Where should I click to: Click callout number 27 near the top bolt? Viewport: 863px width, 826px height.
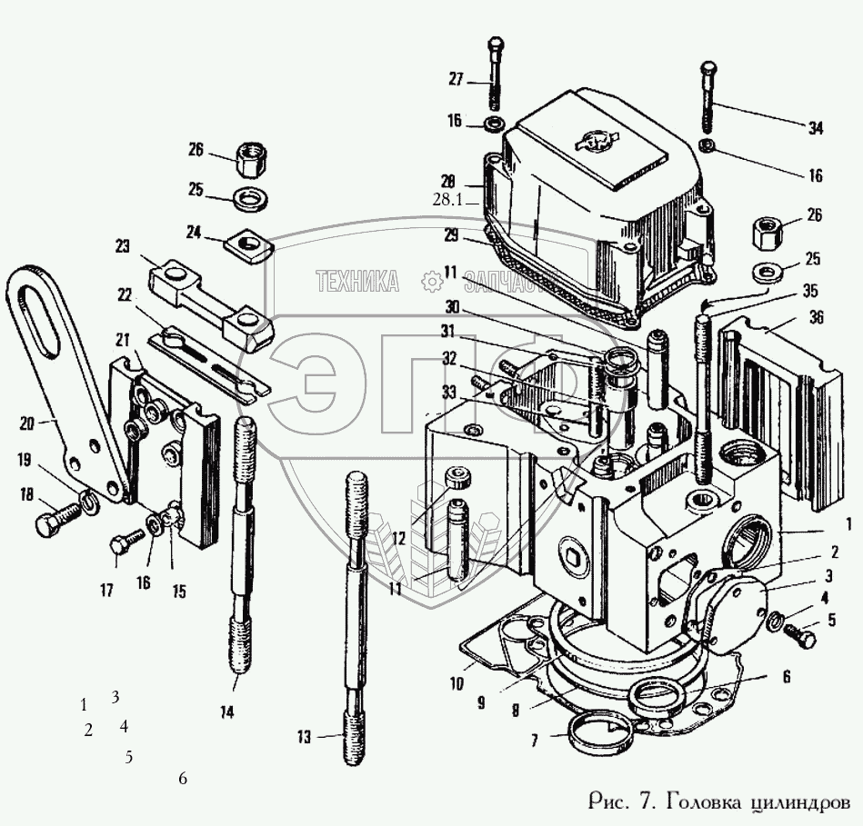pos(455,80)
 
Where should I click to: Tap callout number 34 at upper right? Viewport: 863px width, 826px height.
pos(816,129)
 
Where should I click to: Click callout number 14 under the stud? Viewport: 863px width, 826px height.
pos(226,712)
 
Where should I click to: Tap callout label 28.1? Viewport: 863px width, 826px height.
pos(448,201)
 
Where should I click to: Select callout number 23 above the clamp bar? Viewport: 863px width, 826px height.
pos(123,245)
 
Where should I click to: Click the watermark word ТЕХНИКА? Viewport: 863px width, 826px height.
pos(356,282)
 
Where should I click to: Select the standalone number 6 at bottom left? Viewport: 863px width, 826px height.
pos(183,779)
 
